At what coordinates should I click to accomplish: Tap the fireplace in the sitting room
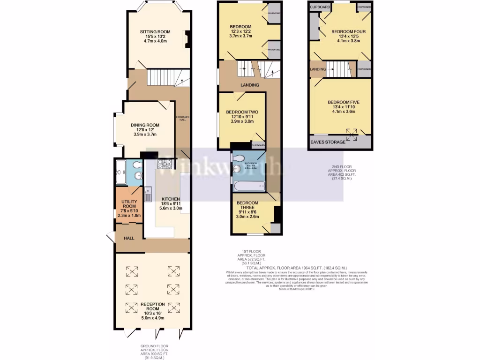[187, 39]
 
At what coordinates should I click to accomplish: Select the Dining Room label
[145, 130]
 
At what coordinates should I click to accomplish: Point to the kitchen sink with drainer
[148, 193]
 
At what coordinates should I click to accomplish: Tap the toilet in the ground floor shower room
[136, 165]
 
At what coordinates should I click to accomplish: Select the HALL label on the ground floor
[129, 238]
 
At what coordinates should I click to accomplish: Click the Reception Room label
[153, 309]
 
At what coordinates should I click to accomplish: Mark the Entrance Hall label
[181, 118]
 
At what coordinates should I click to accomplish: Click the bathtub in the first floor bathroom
[248, 187]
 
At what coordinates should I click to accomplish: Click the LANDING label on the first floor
[249, 85]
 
